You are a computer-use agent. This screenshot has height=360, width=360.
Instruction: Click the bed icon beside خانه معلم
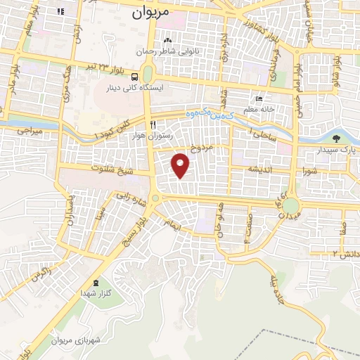click(x=259, y=99)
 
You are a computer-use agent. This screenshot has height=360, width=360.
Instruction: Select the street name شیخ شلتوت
click(x=112, y=169)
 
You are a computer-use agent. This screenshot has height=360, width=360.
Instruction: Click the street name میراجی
click(x=30, y=131)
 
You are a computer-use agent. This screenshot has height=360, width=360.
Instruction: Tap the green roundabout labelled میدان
click(x=290, y=206)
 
